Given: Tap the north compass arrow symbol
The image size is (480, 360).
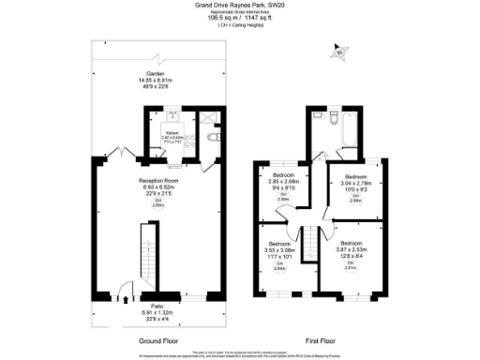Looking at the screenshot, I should pyautogui.click(x=337, y=52).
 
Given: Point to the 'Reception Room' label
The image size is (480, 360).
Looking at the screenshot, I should pyautogui.click(x=158, y=180).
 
